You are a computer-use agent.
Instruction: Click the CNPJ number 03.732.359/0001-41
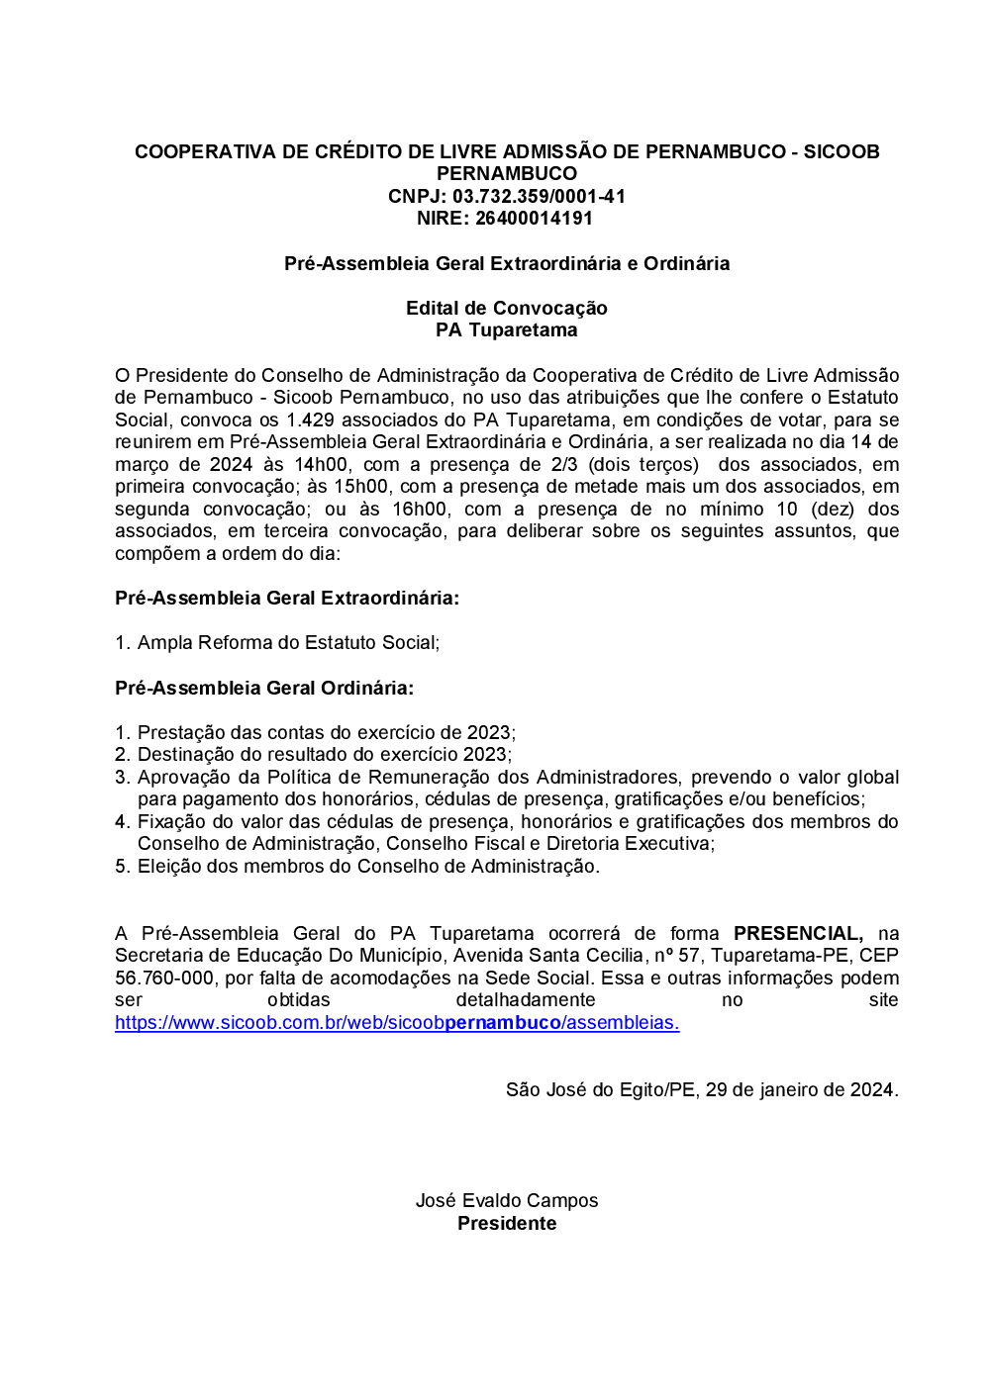click(x=539, y=196)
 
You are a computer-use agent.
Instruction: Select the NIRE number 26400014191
click(x=534, y=219)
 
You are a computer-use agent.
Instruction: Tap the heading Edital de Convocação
click(x=506, y=308)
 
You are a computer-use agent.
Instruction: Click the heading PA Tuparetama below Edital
click(x=506, y=330)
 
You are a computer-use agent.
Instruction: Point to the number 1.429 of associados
click(x=310, y=420)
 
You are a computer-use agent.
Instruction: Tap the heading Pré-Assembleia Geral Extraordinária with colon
click(x=287, y=598)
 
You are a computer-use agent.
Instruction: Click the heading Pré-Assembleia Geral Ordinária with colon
click(x=264, y=688)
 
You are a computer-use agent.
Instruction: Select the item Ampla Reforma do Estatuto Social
click(x=287, y=643)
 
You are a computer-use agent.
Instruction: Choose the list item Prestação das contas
click(x=326, y=732)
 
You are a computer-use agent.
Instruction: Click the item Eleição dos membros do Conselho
click(x=367, y=867)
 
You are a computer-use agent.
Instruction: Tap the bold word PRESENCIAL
click(x=798, y=933)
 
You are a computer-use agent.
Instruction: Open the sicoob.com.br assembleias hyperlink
click(x=397, y=1023)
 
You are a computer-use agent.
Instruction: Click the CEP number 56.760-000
click(x=164, y=978)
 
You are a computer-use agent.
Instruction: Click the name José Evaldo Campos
click(x=506, y=1201)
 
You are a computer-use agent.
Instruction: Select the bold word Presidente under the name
click(x=506, y=1224)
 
